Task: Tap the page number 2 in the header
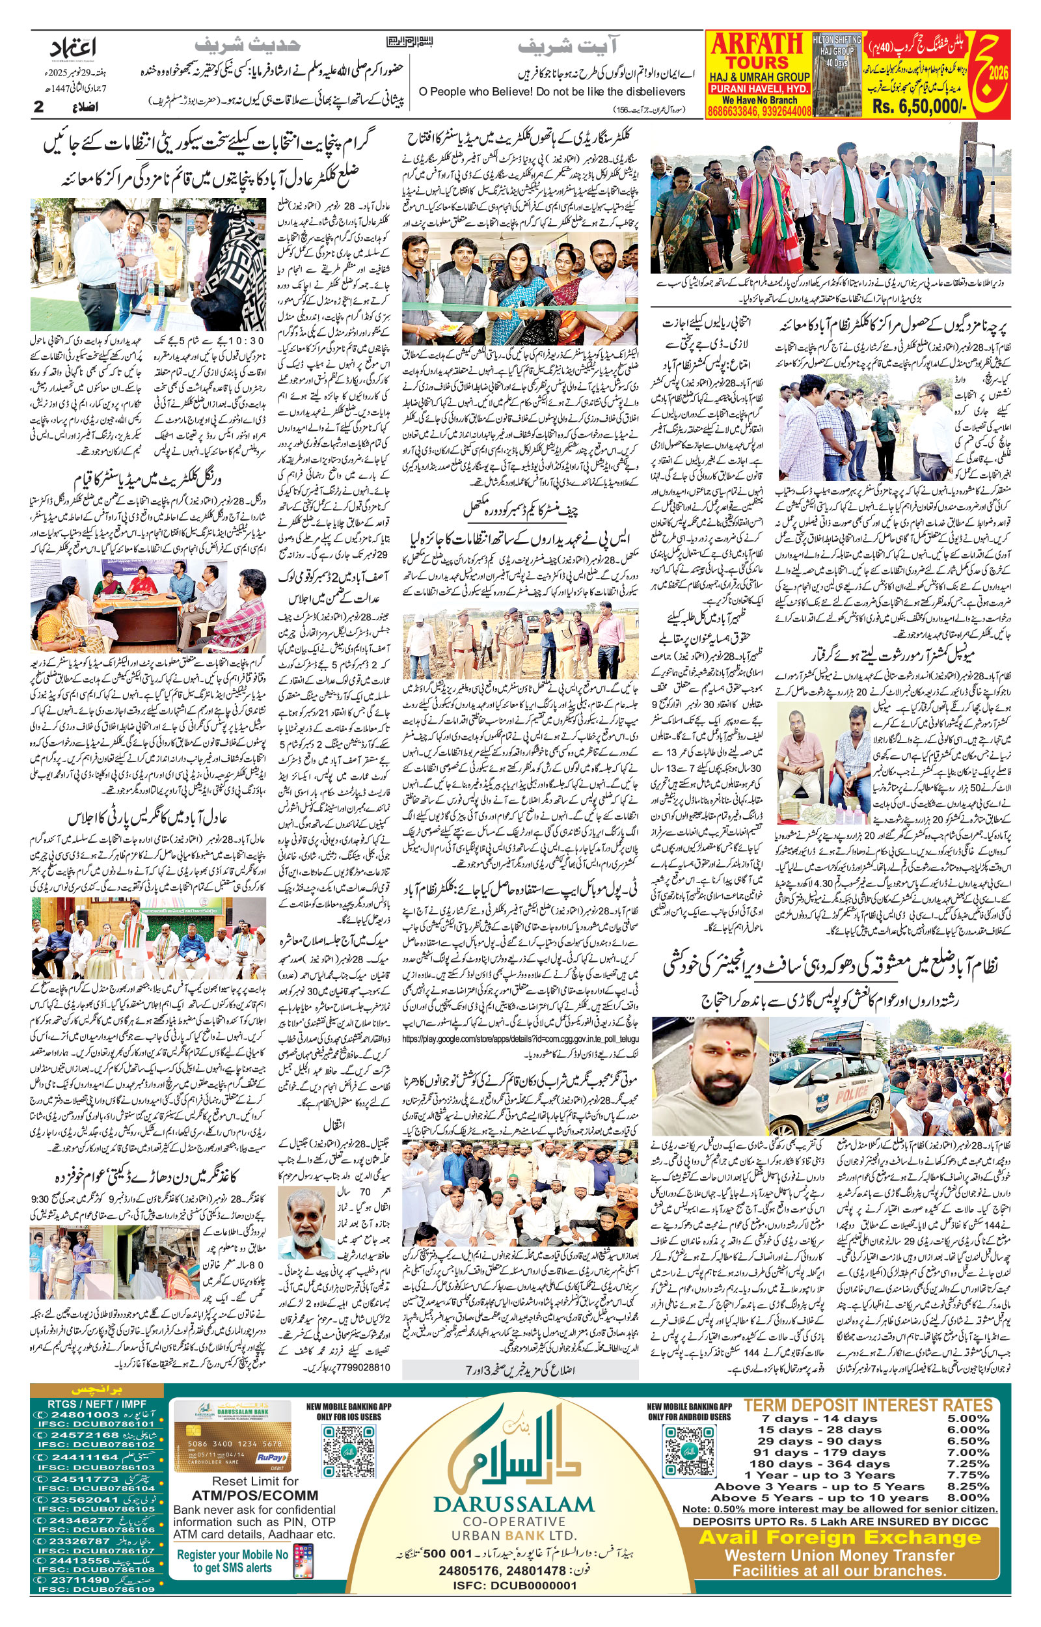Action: pyautogui.click(x=38, y=107)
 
